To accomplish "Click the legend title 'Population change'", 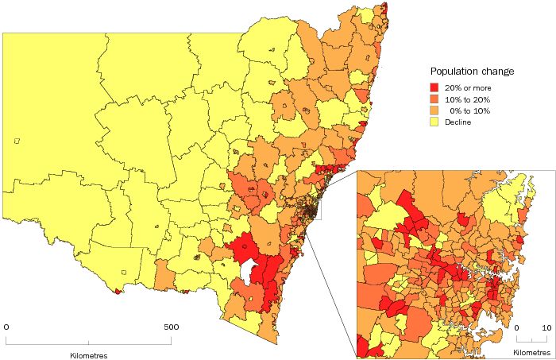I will coord(472,72).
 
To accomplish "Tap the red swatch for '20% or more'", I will coord(434,87).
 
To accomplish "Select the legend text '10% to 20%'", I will coord(468,99).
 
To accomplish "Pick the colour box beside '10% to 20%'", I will coord(434,99).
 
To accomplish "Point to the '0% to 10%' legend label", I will coord(469,110).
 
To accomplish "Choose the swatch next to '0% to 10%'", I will coord(434,110).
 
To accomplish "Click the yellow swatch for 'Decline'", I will coord(434,122).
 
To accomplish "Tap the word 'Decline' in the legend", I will coord(459,122).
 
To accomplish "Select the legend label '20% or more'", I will coord(469,87).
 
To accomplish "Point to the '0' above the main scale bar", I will coord(7,327).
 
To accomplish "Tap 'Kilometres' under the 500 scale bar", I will coord(87,355).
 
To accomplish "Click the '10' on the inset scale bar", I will coord(546,327).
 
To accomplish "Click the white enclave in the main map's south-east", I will coord(250,271).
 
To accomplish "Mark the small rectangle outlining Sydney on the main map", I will coord(315,208).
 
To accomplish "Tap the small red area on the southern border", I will coord(119,291).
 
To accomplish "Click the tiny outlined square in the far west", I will coord(17,141).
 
